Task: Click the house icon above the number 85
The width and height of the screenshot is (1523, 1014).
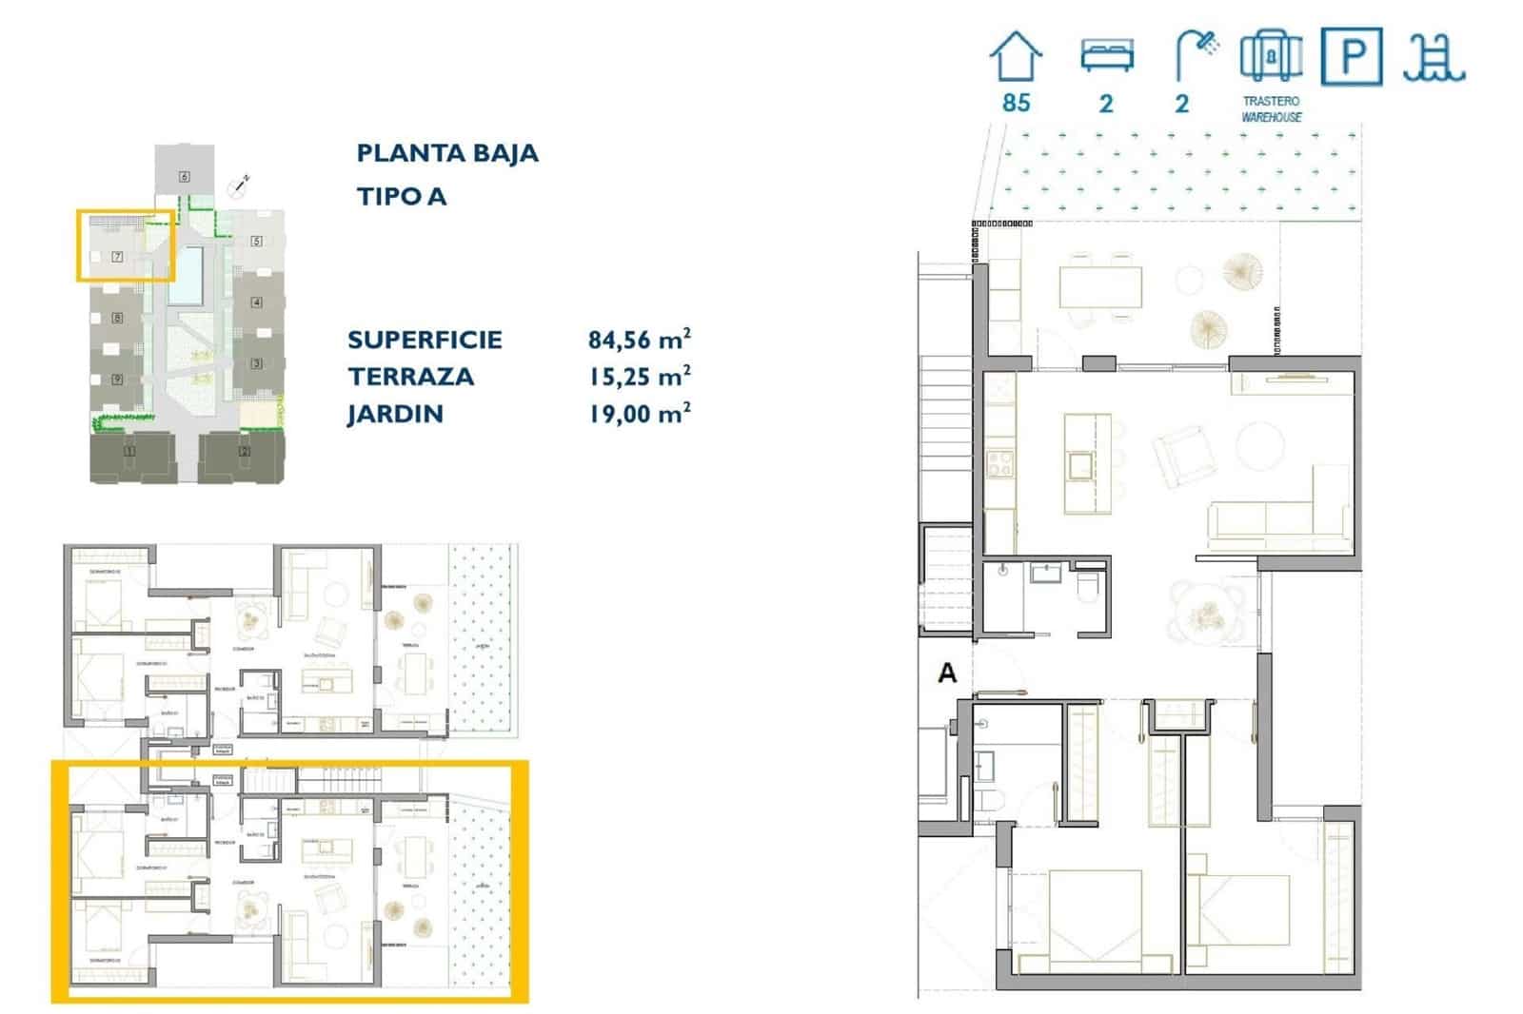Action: pos(1016,56)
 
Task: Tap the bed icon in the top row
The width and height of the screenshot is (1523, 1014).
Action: pos(1106,55)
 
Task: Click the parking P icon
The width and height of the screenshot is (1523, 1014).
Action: pos(1351,57)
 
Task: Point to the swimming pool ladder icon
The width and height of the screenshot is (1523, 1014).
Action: pos(1433,57)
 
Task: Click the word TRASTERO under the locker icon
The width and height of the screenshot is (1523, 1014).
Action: pos(1271,101)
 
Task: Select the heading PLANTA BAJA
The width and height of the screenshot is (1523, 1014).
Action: pos(447,153)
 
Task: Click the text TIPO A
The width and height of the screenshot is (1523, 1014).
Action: pos(401,197)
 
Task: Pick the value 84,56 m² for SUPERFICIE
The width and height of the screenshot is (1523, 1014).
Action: pos(639,339)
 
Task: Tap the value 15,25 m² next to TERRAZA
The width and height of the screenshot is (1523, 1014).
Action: pos(639,376)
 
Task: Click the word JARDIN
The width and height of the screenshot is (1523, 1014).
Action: pos(395,414)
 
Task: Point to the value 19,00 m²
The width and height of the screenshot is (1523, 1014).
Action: pos(639,414)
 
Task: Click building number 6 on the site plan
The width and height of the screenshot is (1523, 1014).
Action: pos(184,176)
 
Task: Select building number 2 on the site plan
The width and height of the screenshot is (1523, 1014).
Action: pos(245,452)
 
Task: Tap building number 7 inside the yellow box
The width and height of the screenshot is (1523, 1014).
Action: pos(117,257)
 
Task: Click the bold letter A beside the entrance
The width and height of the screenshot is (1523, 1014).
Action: pos(947,673)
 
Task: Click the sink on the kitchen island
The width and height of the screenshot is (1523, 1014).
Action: pos(1080,465)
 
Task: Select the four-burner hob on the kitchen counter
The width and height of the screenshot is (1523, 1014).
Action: pos(1000,463)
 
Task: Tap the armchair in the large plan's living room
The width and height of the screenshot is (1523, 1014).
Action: pos(1184,455)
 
